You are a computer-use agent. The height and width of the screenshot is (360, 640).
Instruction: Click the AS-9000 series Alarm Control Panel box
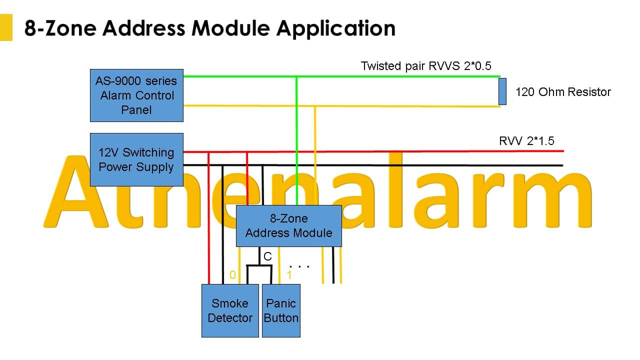point(136,95)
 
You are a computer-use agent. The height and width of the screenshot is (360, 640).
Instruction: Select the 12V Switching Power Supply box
point(136,159)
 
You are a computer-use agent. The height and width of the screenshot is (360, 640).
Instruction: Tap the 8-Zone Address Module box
point(289,225)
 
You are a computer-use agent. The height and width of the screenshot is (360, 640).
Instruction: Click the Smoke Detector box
point(230,310)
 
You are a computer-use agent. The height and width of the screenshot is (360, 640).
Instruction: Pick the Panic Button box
point(281,310)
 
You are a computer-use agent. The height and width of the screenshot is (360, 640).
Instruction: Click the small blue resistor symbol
point(502,91)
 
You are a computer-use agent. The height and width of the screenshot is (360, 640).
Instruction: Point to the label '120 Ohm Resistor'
point(563,92)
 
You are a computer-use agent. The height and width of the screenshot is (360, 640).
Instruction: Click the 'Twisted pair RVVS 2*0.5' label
point(425,66)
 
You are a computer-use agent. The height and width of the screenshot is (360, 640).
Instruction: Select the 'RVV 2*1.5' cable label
point(526,141)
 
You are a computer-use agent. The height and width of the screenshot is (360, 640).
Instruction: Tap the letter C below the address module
point(267,256)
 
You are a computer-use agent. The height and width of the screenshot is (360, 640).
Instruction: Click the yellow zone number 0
point(232,275)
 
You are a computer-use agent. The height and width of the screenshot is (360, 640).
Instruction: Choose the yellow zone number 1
point(289,275)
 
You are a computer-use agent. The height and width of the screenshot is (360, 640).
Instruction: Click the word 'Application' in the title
point(335,28)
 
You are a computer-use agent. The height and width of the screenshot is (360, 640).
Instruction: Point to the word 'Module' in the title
point(230,28)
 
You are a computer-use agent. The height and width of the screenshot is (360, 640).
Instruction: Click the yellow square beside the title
point(6,27)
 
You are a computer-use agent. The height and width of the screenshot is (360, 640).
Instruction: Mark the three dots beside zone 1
point(299,266)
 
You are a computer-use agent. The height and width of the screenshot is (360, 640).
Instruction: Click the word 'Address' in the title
point(144,28)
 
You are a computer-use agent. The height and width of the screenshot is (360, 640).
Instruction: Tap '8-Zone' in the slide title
point(60,28)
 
